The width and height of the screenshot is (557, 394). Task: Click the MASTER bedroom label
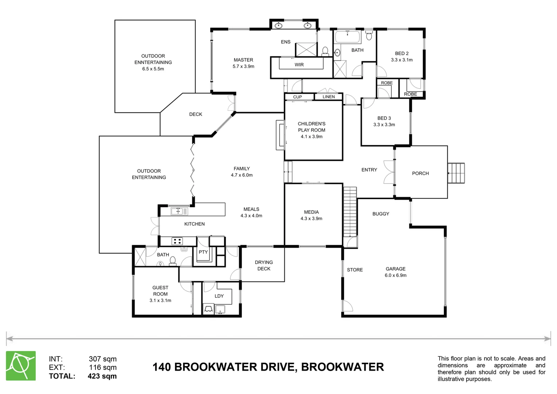(243, 60)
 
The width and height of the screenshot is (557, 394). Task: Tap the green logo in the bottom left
(21, 366)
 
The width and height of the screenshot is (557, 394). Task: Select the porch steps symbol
(456, 174)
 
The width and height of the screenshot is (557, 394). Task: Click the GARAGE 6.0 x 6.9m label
(396, 272)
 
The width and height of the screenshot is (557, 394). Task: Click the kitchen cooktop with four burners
(177, 241)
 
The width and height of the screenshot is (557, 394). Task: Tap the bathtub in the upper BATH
(347, 37)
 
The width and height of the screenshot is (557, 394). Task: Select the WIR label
(299, 65)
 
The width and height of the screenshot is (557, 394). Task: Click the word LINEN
(328, 97)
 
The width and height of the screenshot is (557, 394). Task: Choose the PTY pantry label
(203, 252)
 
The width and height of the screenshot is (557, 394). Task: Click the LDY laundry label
(219, 296)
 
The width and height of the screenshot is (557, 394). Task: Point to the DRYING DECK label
(264, 266)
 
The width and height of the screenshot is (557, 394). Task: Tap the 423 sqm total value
(102, 376)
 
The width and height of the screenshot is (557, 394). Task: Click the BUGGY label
(381, 214)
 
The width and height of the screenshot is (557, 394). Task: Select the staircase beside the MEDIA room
(350, 212)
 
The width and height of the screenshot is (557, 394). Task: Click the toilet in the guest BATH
(172, 260)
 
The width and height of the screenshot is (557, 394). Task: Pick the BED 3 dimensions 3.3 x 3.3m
(384, 125)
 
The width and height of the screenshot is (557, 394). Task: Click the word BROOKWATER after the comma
(342, 367)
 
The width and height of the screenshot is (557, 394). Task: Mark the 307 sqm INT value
(102, 359)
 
